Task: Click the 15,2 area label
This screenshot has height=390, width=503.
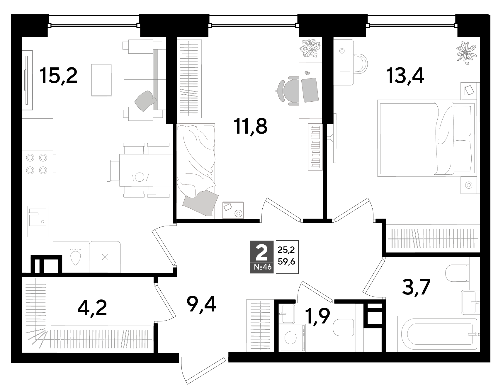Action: (x=59, y=76)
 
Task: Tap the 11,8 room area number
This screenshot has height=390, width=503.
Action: (x=251, y=127)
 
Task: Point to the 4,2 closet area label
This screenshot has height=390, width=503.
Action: (x=92, y=308)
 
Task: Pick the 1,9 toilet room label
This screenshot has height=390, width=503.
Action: (x=318, y=316)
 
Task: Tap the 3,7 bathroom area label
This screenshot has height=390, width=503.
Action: (x=416, y=287)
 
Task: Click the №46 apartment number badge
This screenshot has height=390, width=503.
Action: (x=261, y=267)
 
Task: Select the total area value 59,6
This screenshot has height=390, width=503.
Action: (x=286, y=261)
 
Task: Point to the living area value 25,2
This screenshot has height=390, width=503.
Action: (x=286, y=250)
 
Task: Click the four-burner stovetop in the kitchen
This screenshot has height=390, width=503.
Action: (x=37, y=164)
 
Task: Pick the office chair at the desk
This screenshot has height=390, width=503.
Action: (x=287, y=89)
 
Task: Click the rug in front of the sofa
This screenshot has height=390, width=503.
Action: (x=102, y=80)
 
